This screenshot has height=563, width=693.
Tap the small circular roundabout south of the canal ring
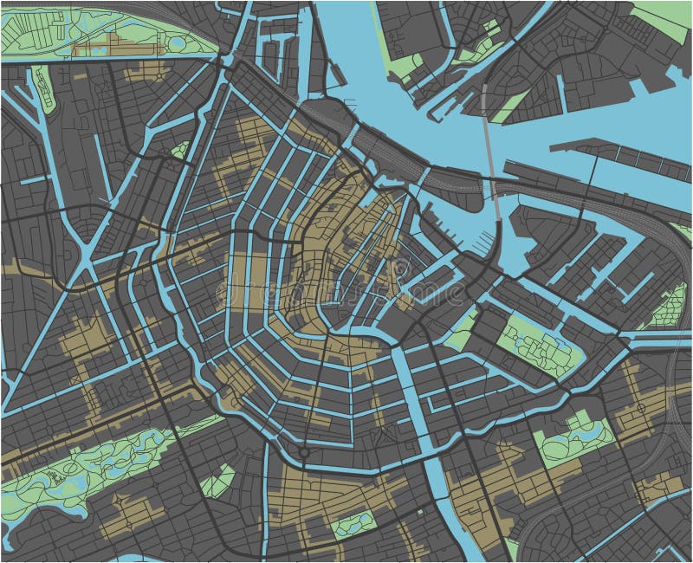303,451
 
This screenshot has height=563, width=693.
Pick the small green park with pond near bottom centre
355,523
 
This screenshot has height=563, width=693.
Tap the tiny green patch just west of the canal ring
180,150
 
